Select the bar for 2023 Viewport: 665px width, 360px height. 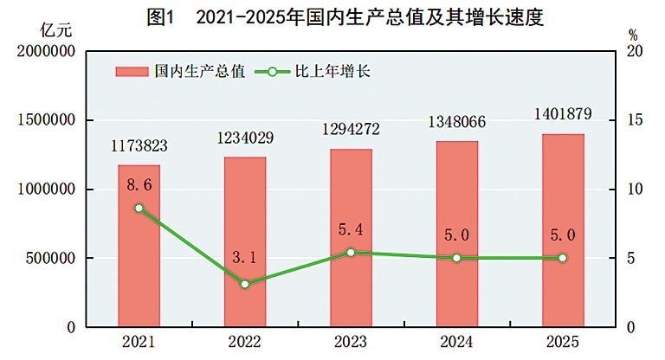(351, 238)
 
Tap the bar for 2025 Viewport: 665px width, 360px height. (563, 230)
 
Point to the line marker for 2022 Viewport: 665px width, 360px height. (245, 284)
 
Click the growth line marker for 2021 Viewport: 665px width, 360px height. (139, 209)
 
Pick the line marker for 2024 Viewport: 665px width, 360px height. (456, 258)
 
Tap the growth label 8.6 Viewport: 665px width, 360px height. (139, 184)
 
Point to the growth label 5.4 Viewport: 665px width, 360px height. (352, 230)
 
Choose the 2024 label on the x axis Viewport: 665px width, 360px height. (456, 341)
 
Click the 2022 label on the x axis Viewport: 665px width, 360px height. (245, 341)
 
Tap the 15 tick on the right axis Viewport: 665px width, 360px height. (635, 120)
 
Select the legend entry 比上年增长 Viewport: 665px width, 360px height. (313, 71)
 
